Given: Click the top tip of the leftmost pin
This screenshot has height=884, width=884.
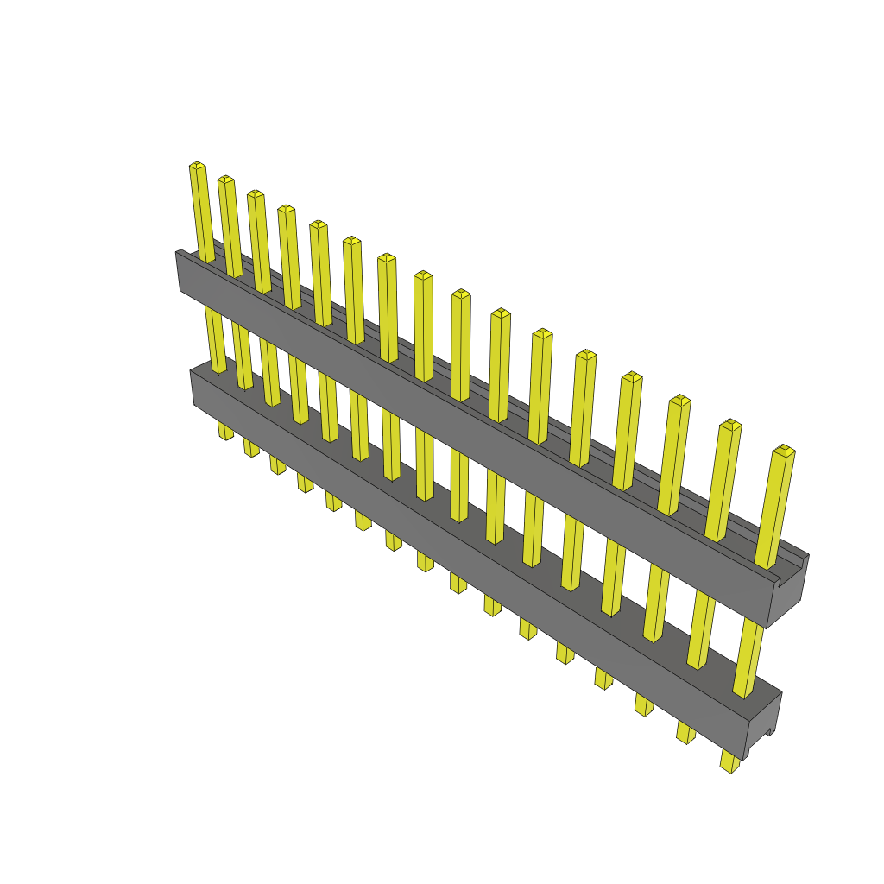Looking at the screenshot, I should coord(197,166).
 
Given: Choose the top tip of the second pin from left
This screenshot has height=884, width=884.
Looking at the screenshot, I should coord(225,180).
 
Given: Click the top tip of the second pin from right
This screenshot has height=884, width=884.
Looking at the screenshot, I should coord(731,425).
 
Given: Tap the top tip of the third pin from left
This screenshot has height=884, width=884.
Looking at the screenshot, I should coord(256,194).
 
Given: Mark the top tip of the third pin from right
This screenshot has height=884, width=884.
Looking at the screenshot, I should coord(681,401).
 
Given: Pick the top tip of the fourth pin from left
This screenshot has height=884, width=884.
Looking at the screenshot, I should coord(287,209).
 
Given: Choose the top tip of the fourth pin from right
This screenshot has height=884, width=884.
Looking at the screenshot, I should coord(632,377).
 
